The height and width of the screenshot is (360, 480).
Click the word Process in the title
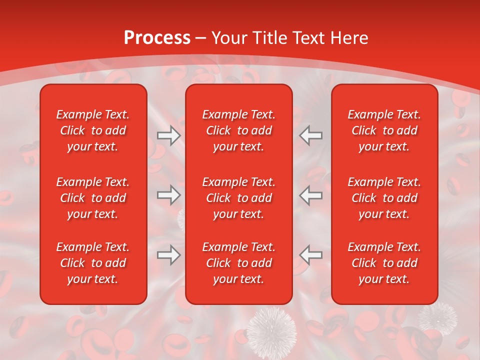157,38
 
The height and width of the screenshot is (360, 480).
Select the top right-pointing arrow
168,135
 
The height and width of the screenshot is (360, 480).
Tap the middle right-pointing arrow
168,195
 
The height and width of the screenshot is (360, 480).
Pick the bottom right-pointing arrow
168,255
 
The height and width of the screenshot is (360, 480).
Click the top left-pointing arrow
311,135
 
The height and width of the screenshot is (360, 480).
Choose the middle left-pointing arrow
311,195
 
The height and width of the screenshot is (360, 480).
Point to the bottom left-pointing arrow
311,255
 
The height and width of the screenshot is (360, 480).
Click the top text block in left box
93,130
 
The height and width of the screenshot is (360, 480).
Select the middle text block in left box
93,198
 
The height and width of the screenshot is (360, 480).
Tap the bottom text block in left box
93,263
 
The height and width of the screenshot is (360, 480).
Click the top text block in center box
238,130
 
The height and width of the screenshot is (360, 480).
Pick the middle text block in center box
238,198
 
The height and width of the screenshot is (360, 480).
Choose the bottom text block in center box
238,263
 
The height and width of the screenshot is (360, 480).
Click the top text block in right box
384,130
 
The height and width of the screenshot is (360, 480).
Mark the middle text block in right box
384,198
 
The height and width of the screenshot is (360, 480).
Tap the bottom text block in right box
384,263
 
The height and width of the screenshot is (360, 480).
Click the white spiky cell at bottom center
271,330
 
